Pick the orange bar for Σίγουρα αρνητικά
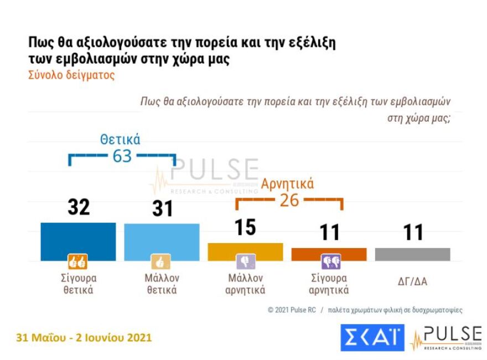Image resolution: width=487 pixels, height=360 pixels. (x=329, y=254)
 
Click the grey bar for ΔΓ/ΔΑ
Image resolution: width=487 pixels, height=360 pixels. (x=412, y=254)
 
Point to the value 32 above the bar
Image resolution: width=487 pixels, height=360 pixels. (x=79, y=207)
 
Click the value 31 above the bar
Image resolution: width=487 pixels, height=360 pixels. (x=162, y=209)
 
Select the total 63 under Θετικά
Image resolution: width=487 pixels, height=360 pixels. (x=122, y=156)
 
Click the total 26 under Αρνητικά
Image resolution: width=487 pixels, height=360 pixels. (x=289, y=200)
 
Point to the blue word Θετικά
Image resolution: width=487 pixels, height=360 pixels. (x=120, y=139)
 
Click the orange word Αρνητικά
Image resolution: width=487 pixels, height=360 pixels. (x=288, y=183)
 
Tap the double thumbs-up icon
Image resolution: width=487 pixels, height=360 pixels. (x=77, y=261)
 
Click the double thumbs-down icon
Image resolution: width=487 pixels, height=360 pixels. (x=330, y=261)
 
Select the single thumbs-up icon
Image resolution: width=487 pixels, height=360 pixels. (x=161, y=261)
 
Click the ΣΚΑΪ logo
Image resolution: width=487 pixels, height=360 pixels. (x=372, y=337)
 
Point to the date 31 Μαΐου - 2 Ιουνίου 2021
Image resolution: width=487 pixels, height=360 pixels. (x=84, y=337)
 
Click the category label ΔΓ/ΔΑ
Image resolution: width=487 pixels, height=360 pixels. (x=413, y=282)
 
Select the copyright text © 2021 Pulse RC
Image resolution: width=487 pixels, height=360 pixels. (x=292, y=310)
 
